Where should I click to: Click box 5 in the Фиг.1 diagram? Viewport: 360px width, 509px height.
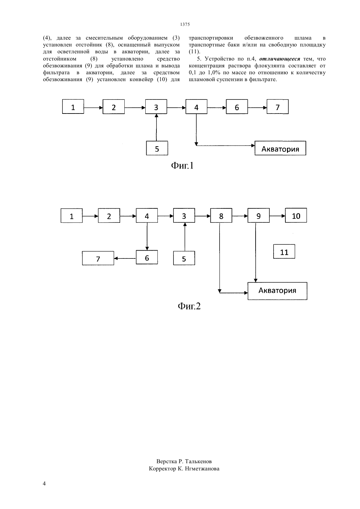click(x=157, y=148)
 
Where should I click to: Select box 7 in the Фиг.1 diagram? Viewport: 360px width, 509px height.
click(x=278, y=107)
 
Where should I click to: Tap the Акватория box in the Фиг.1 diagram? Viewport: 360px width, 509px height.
click(x=280, y=148)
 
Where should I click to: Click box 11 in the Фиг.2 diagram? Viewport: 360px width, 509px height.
click(x=284, y=251)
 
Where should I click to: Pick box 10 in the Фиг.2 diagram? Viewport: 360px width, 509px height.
click(x=296, y=215)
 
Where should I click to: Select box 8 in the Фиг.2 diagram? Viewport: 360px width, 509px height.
click(x=221, y=216)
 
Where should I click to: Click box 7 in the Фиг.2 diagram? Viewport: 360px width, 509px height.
click(x=98, y=258)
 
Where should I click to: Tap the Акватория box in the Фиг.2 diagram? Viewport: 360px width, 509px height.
click(x=277, y=291)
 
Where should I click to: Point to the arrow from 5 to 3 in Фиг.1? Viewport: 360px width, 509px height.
click(x=156, y=127)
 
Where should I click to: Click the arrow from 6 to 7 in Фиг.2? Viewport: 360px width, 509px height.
click(x=125, y=258)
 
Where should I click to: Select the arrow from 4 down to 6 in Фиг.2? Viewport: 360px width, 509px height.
click(x=147, y=236)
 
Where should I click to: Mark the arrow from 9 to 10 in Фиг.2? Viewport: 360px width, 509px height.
click(x=277, y=216)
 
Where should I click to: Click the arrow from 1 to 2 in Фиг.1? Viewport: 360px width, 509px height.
click(x=93, y=108)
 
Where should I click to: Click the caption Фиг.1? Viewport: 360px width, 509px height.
click(x=182, y=166)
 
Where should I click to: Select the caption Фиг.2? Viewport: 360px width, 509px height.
click(x=189, y=306)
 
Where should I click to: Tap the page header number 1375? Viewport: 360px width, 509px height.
click(x=185, y=24)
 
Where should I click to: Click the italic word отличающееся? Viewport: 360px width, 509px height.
click(x=279, y=59)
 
